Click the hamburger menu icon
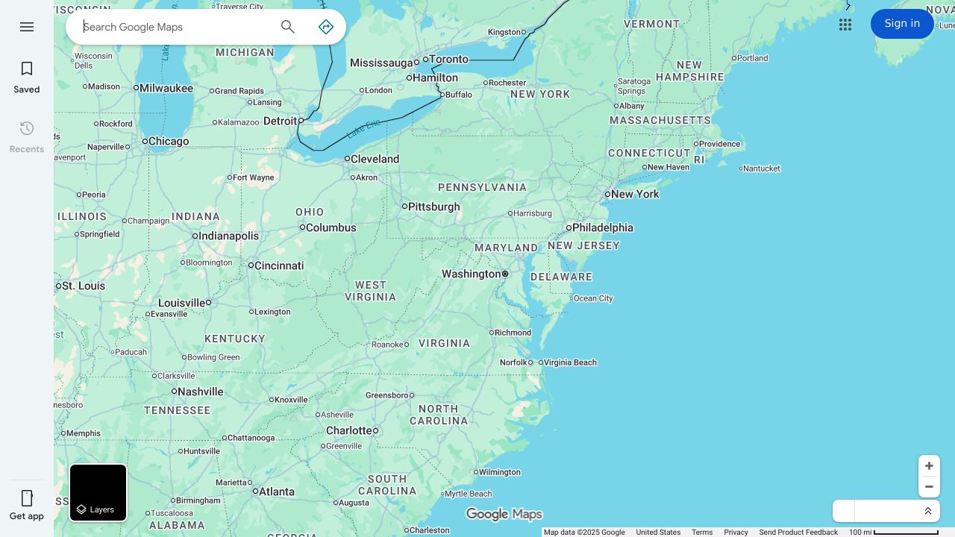pyautogui.click(x=27, y=27)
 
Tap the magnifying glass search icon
pyautogui.click(x=288, y=27)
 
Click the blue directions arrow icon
pyautogui.click(x=326, y=27)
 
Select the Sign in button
pyautogui.click(x=902, y=24)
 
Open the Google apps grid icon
pyautogui.click(x=845, y=25)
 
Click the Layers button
pyautogui.click(x=98, y=493)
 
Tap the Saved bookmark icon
pyautogui.click(x=27, y=69)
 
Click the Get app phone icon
pyautogui.click(x=27, y=498)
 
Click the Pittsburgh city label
pyautogui.click(x=434, y=207)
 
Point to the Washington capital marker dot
pyautogui.click(x=505, y=274)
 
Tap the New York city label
pyautogui.click(x=636, y=194)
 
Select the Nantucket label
pyautogui.click(x=762, y=169)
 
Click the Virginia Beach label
pyautogui.click(x=570, y=362)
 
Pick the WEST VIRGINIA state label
pyautogui.click(x=371, y=291)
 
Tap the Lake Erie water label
pyautogui.click(x=364, y=127)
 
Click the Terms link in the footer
pyautogui.click(x=702, y=533)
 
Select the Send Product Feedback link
pyautogui.click(x=798, y=533)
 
